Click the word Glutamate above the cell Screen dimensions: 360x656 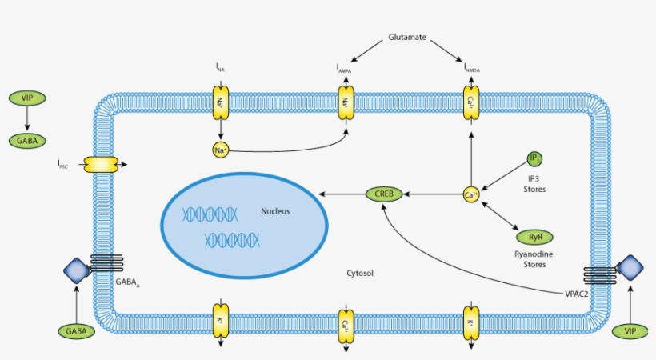pos(406,37)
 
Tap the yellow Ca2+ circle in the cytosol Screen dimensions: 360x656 pos(471,194)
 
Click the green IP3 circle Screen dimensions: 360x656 pos(535,159)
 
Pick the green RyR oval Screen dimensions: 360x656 pos(534,237)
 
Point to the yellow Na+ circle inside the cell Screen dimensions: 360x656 pos(220,150)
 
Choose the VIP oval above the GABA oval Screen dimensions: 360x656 pos(27,98)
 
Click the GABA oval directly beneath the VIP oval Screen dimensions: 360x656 pos(27,141)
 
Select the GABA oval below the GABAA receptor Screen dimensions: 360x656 pos(76,330)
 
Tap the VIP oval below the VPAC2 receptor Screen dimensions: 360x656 pos(630,330)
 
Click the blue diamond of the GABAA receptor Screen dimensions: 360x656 pos(78,270)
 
